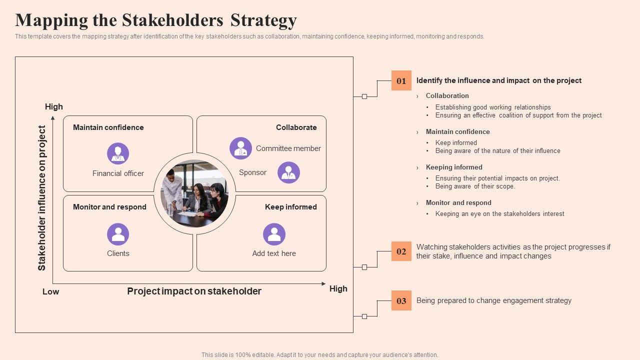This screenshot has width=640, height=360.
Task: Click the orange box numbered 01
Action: coord(401,80)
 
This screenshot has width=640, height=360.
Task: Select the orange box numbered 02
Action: coord(401,251)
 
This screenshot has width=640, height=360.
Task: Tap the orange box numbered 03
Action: coord(401,300)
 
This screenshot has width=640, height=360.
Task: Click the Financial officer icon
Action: coord(118,153)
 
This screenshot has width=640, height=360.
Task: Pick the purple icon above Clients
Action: coord(118,234)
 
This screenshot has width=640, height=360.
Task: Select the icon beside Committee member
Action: coord(240,148)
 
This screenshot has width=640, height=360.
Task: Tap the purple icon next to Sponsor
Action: coord(288,172)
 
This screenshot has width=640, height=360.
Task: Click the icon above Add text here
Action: coord(274,234)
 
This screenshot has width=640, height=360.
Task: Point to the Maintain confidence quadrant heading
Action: coord(108,127)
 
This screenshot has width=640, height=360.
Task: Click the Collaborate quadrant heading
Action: coord(296,127)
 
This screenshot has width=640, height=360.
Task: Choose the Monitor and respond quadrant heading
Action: coord(109,207)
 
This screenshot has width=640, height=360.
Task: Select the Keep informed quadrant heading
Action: coord(290,207)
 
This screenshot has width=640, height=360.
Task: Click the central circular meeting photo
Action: coord(194,193)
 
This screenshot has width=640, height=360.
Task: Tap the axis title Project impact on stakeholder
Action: coord(194,291)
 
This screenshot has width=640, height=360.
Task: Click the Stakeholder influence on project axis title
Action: coord(42,198)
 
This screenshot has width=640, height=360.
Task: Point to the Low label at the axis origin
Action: coord(50,292)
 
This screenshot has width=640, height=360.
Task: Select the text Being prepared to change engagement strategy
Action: coord(493,300)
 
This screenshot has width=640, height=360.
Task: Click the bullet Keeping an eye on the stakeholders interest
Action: coord(499,214)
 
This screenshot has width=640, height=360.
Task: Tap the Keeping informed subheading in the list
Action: coord(454,167)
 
